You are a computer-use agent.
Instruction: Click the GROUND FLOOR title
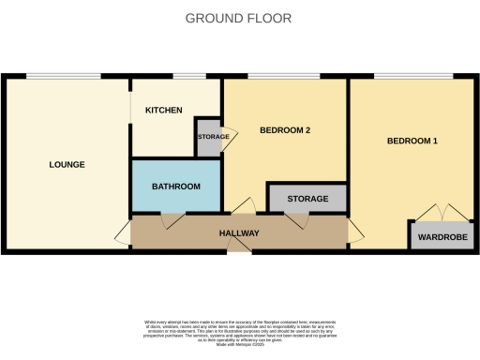tap(238, 18)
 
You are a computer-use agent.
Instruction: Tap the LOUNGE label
tap(67, 165)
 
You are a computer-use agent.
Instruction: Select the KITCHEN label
tap(163, 111)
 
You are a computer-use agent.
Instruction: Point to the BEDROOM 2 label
tap(284, 130)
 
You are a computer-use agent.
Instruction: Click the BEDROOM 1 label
tap(412, 141)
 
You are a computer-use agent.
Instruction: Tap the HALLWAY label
tap(239, 232)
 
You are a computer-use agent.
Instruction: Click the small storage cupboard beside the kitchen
tap(208, 138)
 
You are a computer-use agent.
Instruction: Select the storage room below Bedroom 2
tap(307, 199)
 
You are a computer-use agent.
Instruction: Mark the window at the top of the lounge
tap(64, 76)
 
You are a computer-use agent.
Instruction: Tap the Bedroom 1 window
tap(413, 76)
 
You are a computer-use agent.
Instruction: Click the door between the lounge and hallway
tap(124, 232)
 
